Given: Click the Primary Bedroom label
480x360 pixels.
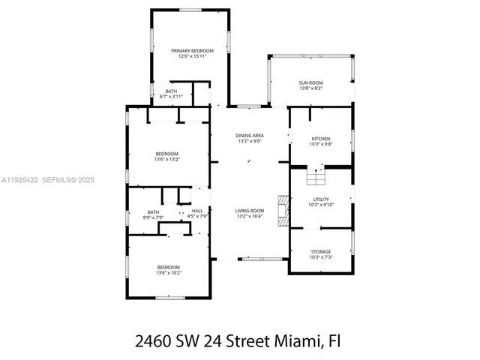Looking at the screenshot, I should pyautogui.click(x=187, y=50).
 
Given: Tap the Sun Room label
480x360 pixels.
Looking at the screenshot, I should pyautogui.click(x=310, y=82).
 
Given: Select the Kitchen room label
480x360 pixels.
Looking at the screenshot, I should pyautogui.click(x=321, y=139).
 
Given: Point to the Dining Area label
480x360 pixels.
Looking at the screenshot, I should pyautogui.click(x=249, y=135).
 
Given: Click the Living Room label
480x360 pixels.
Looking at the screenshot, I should pyautogui.click(x=249, y=211).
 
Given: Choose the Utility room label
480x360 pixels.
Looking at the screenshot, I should pyautogui.click(x=321, y=199).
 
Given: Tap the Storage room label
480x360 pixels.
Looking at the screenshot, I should pyautogui.click(x=321, y=251).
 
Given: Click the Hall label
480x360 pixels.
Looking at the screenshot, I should pyautogui.click(x=197, y=211).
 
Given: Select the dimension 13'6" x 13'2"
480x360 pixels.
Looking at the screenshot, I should pyautogui.click(x=167, y=159).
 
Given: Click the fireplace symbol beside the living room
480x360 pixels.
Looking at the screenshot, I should pyautogui.click(x=283, y=210).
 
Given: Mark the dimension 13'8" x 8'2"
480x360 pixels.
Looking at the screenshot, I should pyautogui.click(x=310, y=88).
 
